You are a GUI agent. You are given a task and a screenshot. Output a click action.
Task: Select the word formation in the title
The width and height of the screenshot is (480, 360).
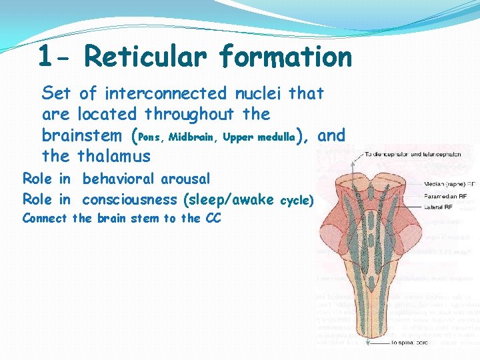(x=285, y=57)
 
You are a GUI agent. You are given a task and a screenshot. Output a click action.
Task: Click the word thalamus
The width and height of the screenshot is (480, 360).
(x=114, y=157)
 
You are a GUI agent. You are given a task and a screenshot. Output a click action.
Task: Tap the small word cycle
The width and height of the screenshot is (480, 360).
(x=297, y=200)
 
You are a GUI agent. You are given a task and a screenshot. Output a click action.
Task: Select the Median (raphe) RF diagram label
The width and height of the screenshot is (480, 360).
(x=450, y=183)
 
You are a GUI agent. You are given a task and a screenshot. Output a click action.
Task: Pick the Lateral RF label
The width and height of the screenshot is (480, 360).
(x=441, y=208)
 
